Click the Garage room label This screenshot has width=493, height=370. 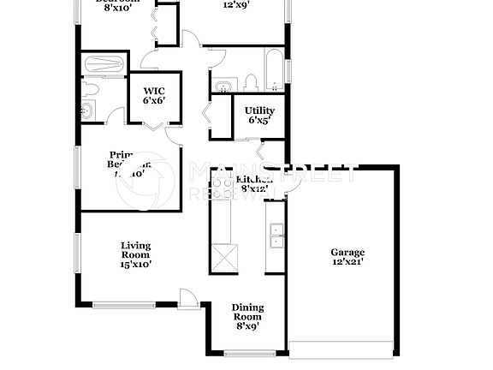[347, 252]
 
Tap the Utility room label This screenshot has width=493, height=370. [259, 110]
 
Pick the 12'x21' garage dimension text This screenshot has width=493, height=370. [347, 262]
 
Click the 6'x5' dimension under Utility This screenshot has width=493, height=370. [259, 121]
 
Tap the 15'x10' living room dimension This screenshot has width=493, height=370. [135, 265]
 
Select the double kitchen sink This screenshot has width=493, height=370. [276, 235]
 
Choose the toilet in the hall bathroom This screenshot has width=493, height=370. [252, 82]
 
